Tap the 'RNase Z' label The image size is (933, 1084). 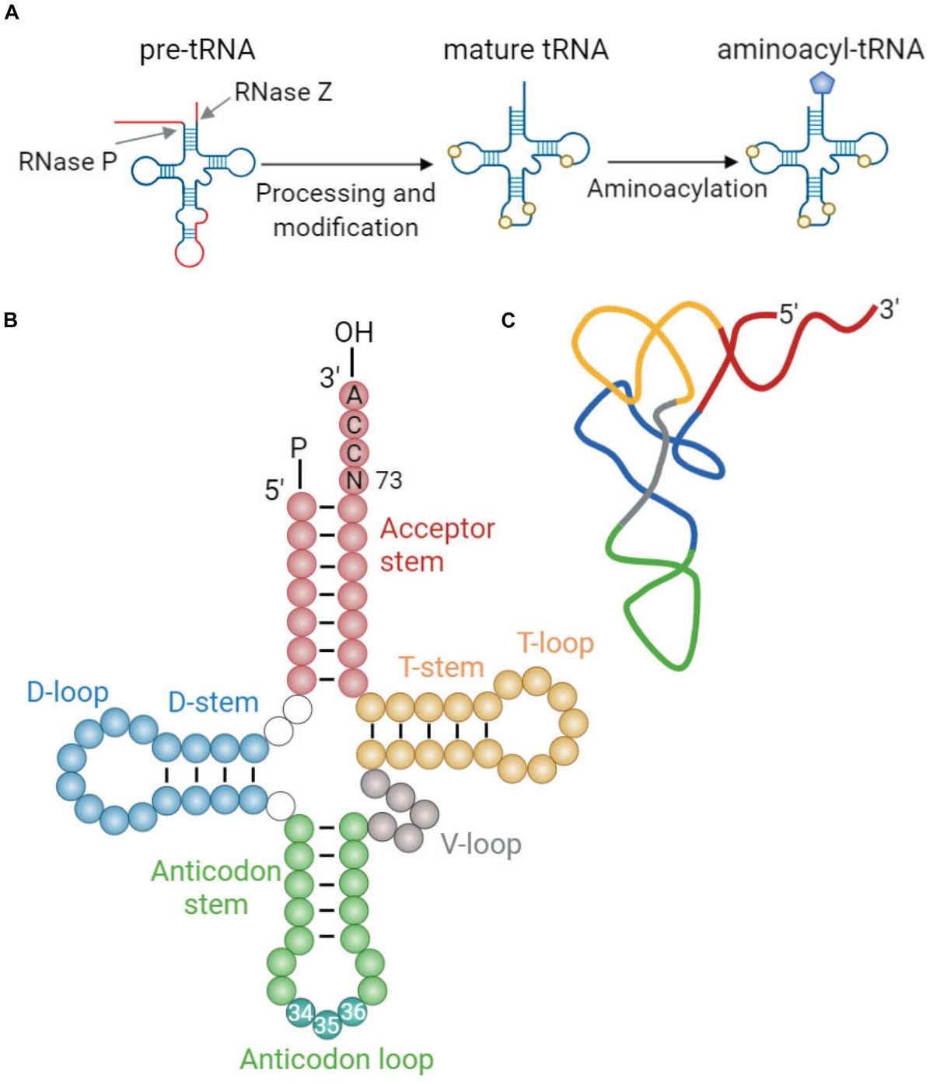(283, 92)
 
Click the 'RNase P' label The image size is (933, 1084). (67, 162)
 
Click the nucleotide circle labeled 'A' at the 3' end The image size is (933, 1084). (354, 396)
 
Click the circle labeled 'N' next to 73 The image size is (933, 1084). (354, 480)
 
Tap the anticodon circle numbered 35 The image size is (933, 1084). (327, 1025)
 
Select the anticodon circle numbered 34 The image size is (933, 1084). (300, 1013)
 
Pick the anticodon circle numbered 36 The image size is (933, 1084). (353, 1012)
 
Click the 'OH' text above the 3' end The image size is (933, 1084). (354, 333)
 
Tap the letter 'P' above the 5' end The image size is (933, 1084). (299, 448)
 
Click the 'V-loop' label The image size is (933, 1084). (480, 844)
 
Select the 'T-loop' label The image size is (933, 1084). (555, 643)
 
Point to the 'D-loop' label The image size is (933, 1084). (68, 692)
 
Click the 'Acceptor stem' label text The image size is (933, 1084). (436, 544)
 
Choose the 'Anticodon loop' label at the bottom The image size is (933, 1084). (336, 1059)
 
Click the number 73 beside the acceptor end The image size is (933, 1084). (389, 481)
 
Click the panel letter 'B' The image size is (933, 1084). (10, 320)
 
